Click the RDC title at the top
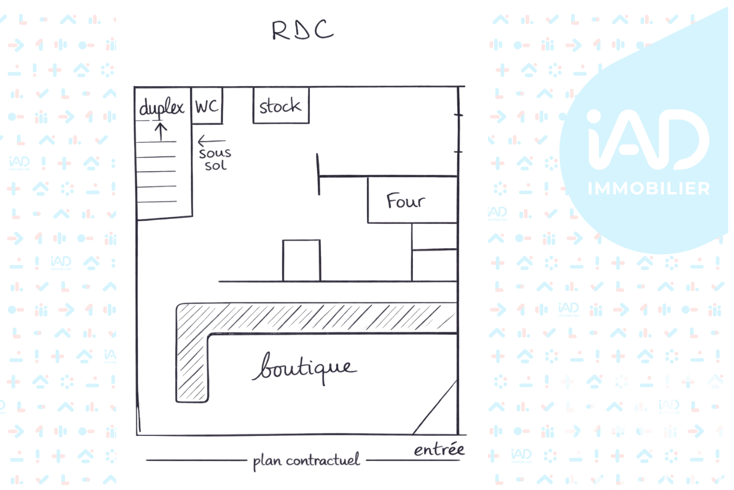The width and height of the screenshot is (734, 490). [303, 30]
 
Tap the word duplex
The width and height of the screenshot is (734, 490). [162, 107]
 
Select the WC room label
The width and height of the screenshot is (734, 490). [207, 106]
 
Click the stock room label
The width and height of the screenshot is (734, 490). [280, 106]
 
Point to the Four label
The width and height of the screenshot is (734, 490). [406, 201]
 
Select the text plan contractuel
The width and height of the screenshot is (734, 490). [306, 460]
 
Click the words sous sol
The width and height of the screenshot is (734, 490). [216, 159]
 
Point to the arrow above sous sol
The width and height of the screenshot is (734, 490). [212, 141]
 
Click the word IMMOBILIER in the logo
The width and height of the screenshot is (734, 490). [649, 189]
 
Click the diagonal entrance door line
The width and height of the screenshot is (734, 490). [435, 407]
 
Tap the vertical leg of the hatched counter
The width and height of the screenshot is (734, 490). [192, 367]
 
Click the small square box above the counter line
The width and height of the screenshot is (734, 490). [302, 261]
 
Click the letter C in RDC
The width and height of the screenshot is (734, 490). [324, 29]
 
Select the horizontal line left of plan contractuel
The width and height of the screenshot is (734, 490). [196, 460]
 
